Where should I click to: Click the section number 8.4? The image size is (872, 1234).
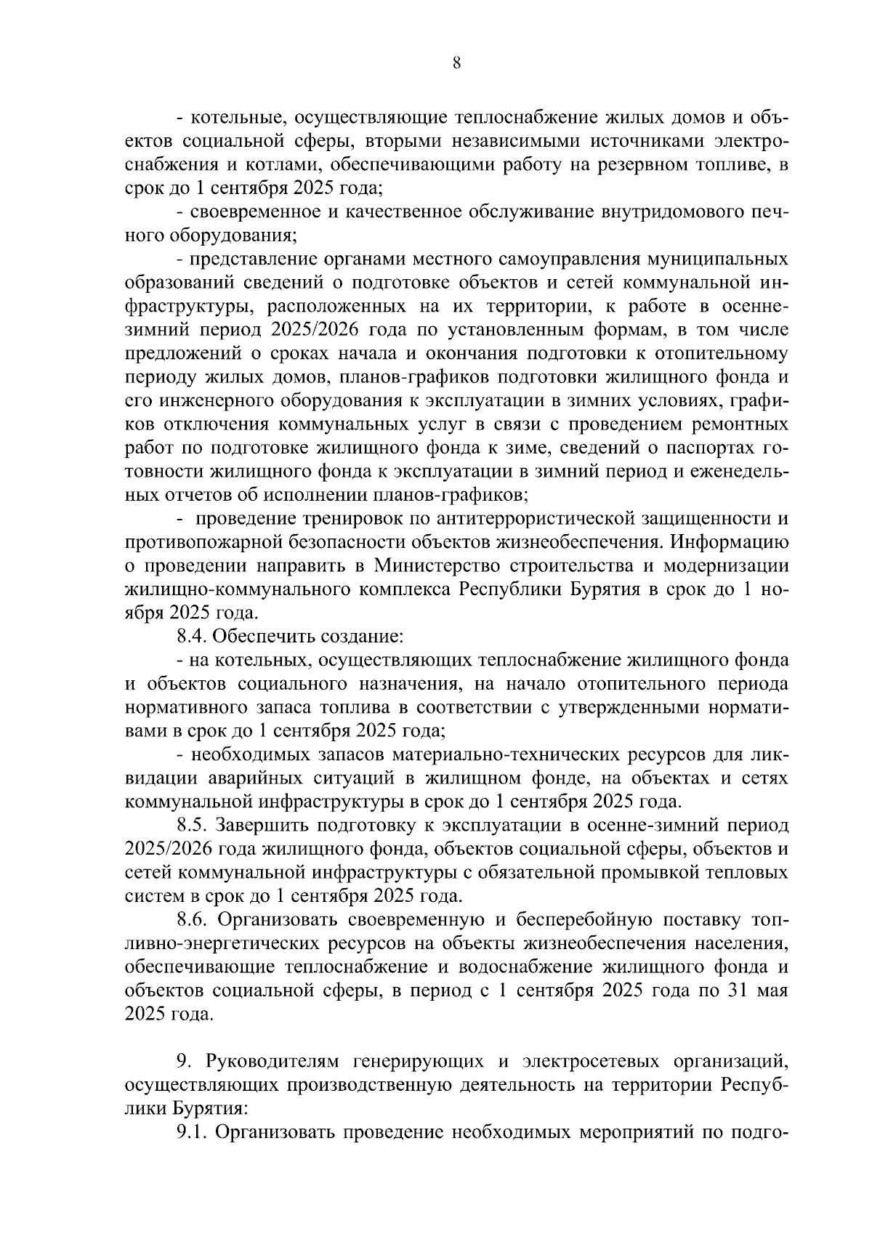pos(193,636)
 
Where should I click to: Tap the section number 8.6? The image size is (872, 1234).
pos(193,919)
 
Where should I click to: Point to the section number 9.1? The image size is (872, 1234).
pos(193,1132)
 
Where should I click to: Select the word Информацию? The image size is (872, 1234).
pos(728,541)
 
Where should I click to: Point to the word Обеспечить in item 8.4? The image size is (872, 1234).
pos(263,636)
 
